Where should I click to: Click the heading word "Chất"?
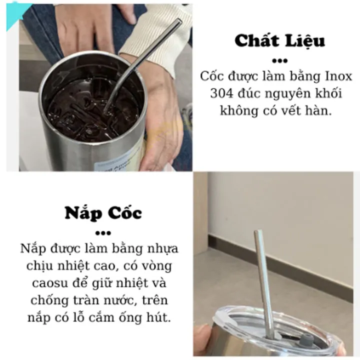point(256,40)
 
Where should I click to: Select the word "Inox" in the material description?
point(338,76)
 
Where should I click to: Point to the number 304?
point(221,93)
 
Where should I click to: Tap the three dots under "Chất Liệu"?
point(279,61)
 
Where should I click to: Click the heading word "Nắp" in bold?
point(83,214)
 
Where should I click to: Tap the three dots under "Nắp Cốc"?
point(103,233)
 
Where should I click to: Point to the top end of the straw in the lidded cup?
point(258,231)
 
